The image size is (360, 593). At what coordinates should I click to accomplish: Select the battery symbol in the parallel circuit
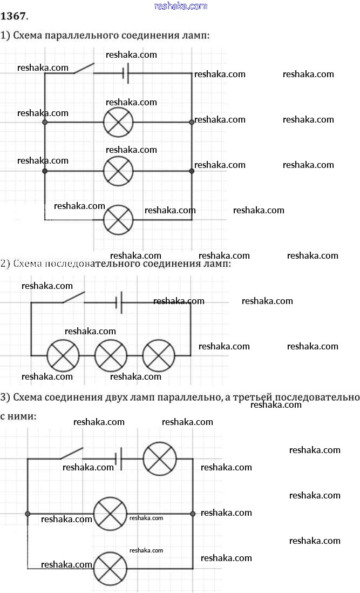[x=126, y=73]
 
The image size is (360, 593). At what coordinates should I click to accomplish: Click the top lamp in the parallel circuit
[x=118, y=123]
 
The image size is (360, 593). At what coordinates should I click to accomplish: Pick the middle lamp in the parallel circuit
[x=118, y=171]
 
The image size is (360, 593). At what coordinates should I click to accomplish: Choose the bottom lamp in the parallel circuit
[x=118, y=219]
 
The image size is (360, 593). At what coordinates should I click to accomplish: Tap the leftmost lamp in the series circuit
[x=63, y=356]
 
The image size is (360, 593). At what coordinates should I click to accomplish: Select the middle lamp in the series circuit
[x=111, y=356]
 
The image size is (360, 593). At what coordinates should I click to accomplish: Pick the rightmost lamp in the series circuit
[x=159, y=356]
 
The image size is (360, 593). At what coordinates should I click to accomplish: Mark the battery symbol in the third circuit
[x=120, y=459]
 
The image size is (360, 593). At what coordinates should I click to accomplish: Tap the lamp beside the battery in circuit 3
[x=160, y=459]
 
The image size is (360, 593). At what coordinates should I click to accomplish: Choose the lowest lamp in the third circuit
[x=111, y=568]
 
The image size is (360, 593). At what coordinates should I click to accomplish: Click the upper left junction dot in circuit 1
[x=45, y=123]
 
